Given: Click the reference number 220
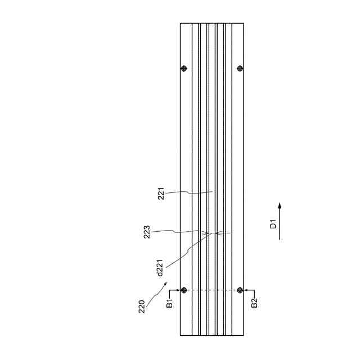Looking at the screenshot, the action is pos(142,307).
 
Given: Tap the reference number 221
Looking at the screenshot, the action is pos(161,193).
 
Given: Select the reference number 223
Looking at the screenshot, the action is pos(147,232).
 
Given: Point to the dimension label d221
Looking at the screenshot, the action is pos(160,268).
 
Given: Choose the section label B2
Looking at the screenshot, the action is pos(254,303).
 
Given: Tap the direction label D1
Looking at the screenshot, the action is pos(273,224).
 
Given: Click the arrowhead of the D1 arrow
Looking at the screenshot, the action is pos(280,205).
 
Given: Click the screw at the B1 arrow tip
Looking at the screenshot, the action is pos(184,290).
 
